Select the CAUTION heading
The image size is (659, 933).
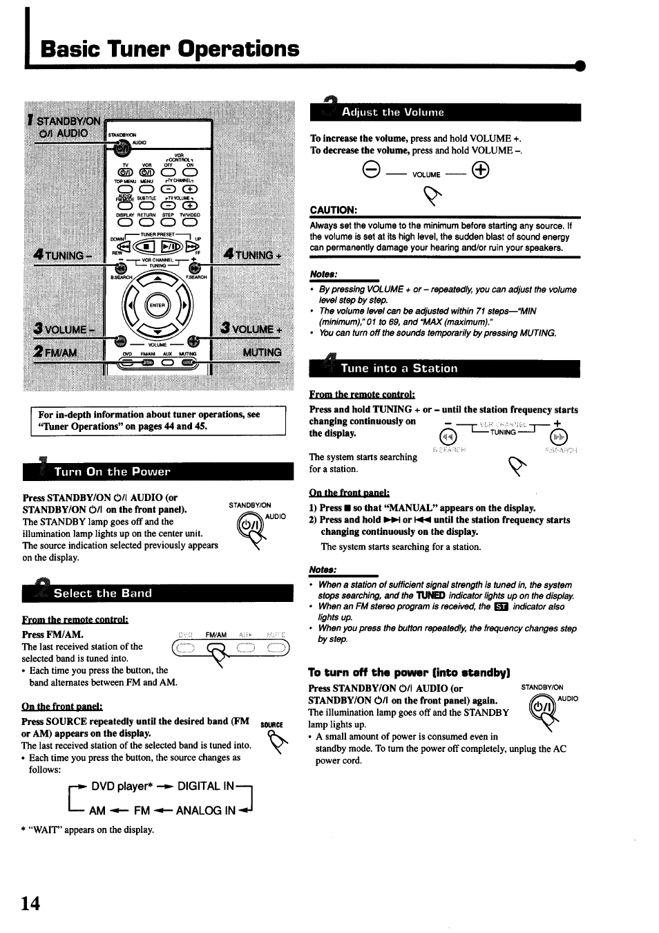point(333,209)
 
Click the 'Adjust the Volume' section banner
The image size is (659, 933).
point(445,112)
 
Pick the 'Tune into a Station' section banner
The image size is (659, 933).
point(445,368)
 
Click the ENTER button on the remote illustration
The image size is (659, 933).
point(157,304)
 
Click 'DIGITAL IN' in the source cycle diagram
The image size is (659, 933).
point(206,786)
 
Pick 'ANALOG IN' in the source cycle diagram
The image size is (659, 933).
point(206,810)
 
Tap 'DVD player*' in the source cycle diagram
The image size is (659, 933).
point(121,786)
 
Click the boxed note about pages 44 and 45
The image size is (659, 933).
point(158,420)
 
